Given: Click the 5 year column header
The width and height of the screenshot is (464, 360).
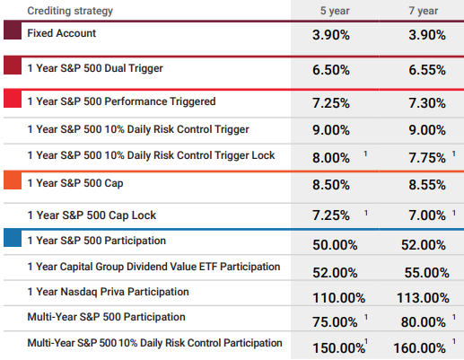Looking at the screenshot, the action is tap(335, 11).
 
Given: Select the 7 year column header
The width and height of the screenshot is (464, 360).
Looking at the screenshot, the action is tap(424, 11).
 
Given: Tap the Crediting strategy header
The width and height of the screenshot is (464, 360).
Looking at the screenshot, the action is tap(70, 11).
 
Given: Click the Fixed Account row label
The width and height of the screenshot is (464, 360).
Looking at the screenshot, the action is tap(62, 33).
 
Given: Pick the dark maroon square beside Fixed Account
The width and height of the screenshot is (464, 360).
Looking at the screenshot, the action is tap(13, 31).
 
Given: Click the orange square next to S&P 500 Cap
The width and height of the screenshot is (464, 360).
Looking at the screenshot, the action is tap(13, 180).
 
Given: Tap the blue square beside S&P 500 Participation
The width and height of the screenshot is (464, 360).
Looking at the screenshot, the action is tap(13, 238).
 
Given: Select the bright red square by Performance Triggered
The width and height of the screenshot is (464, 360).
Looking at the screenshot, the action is tap(13, 99).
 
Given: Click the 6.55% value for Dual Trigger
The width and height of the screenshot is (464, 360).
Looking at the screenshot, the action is tap(427, 70).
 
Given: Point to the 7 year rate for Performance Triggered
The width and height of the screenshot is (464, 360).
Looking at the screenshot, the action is tap(427, 103).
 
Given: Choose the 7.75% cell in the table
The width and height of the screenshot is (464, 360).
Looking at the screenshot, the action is tap(427, 158).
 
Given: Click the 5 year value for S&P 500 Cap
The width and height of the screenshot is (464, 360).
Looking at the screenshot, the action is tap(331, 185).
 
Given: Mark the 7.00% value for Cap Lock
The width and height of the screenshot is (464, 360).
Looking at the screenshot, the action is tap(427, 215).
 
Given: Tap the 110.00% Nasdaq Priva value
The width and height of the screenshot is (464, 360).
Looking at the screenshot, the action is tap(338, 298).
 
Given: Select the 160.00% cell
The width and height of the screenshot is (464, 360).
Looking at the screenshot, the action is tap(419, 348).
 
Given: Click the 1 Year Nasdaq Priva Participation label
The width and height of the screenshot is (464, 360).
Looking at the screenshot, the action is tap(108, 292).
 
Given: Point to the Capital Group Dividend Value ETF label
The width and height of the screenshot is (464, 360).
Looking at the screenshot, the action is tap(153, 267).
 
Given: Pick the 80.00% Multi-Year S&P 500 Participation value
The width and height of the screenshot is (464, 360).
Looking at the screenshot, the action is tap(424, 322).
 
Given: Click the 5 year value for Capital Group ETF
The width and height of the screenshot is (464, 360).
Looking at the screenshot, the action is tap(335, 273).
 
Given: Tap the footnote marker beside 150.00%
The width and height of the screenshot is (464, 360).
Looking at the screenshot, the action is tap(366, 341).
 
